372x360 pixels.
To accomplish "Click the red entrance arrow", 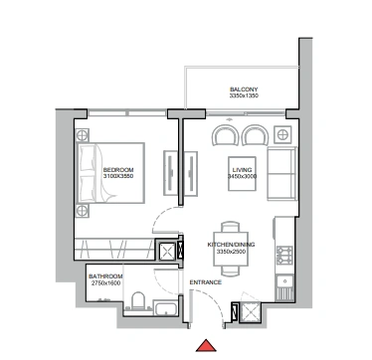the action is [x=206, y=346].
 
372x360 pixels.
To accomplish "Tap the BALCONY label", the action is [x=244, y=90].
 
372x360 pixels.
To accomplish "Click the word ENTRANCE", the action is [x=206, y=282].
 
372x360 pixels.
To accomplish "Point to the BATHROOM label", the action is [x=105, y=276].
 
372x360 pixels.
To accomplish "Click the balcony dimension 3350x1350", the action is [x=244, y=95].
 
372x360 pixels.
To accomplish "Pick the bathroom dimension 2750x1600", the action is [x=105, y=283].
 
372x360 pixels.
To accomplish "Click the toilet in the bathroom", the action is [x=138, y=300].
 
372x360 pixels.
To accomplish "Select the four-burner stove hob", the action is [x=285, y=255].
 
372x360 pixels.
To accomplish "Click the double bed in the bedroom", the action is [x=111, y=173].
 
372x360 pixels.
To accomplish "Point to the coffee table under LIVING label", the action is [x=242, y=174].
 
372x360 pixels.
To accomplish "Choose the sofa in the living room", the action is [x=281, y=174].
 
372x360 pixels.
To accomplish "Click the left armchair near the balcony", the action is [x=226, y=135].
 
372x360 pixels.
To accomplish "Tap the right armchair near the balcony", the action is [x=255, y=135].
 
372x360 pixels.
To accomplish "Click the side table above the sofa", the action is [x=282, y=135].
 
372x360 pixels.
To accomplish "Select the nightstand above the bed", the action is [x=83, y=135].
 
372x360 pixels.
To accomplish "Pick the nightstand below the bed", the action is [x=83, y=211].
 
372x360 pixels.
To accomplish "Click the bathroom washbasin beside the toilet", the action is [x=165, y=307].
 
